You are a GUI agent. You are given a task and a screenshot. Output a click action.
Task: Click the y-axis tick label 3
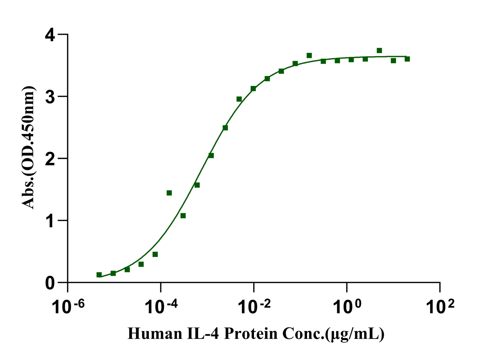(50, 97)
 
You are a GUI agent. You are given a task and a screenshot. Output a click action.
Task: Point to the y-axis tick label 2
(50, 159)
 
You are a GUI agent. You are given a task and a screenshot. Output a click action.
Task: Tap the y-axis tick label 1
(50, 221)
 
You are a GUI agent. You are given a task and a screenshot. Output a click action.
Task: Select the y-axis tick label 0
(50, 283)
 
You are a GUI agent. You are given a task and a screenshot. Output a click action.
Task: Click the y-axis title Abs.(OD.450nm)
(29, 147)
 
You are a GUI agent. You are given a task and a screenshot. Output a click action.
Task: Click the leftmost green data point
(99, 275)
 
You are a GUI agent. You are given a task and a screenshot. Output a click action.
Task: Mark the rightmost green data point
(407, 59)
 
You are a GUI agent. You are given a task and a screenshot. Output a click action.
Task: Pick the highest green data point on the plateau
(379, 50)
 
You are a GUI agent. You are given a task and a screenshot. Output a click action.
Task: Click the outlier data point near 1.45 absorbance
(169, 193)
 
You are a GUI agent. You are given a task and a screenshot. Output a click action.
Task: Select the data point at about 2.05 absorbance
(211, 155)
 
